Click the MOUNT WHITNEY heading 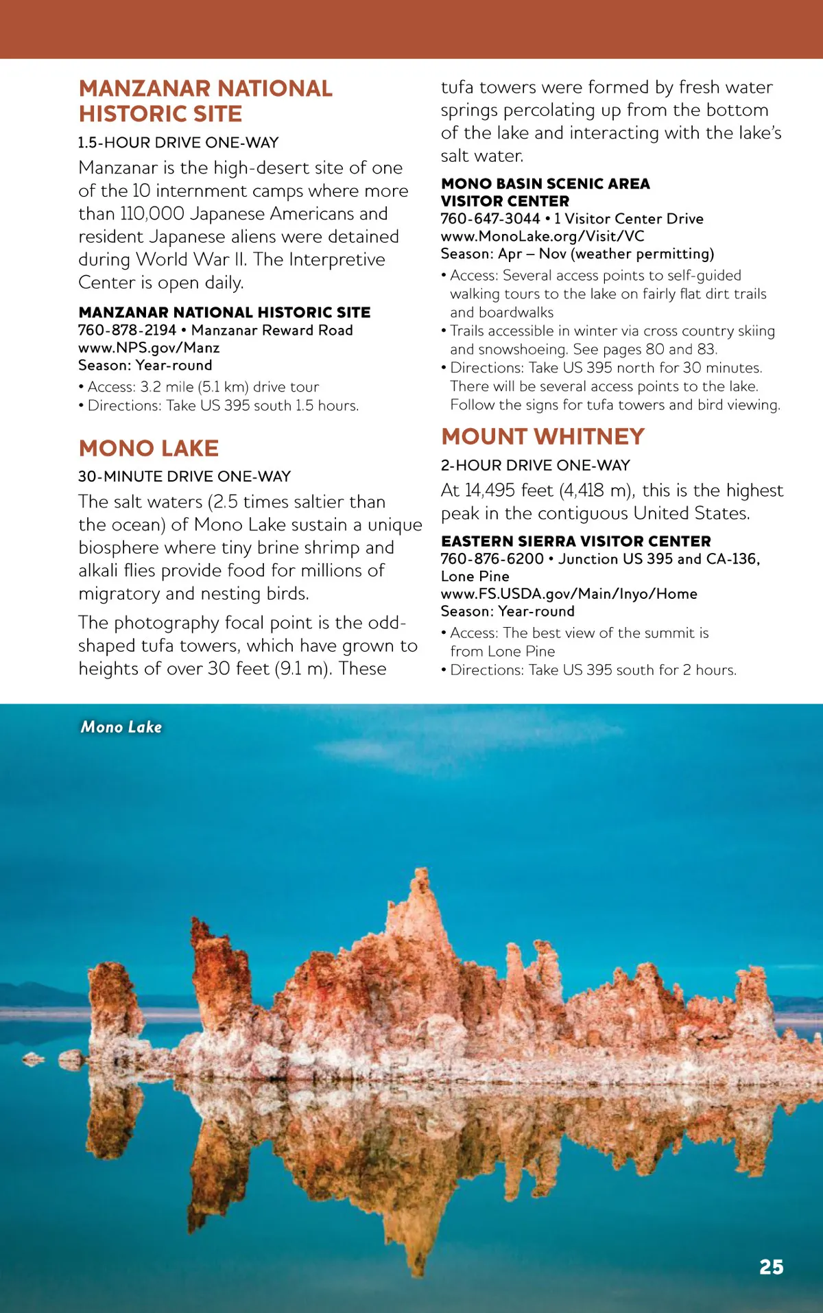[x=542, y=436]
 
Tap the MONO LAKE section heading [x=149, y=448]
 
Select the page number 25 [x=771, y=1267]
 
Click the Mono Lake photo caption [x=121, y=727]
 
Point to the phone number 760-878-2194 [x=127, y=330]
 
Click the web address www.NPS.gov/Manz [x=149, y=348]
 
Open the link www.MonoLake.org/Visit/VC [x=542, y=236]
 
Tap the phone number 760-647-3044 [x=490, y=219]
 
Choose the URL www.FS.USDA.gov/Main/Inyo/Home [x=569, y=594]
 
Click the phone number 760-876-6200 [x=492, y=559]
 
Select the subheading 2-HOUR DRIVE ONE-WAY [x=535, y=465]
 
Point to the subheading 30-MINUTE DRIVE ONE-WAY [x=184, y=476]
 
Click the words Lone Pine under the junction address [x=475, y=576]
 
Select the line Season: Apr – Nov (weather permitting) [x=577, y=254]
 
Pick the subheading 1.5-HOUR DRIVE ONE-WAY [x=178, y=143]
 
